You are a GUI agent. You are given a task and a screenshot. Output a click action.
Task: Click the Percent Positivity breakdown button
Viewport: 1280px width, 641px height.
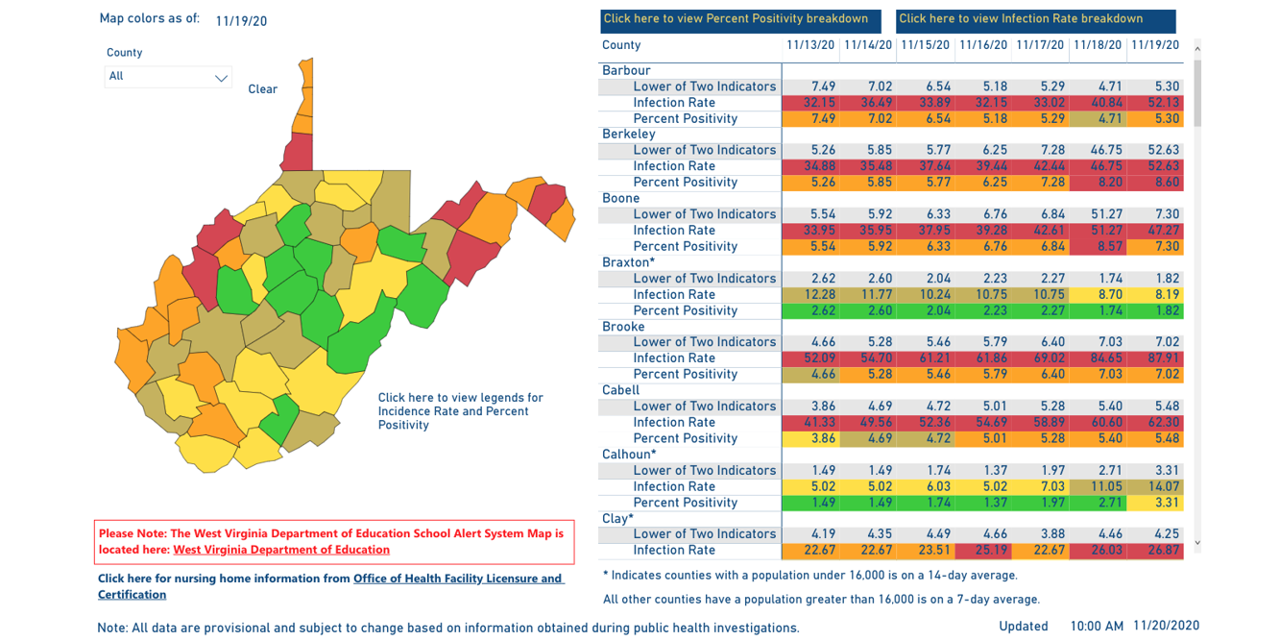[737, 19]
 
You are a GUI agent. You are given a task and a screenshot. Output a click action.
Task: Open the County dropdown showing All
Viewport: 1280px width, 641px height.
[168, 77]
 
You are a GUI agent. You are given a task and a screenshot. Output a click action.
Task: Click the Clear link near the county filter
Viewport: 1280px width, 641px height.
[262, 89]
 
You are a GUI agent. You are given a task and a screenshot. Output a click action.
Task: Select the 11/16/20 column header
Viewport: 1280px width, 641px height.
[982, 45]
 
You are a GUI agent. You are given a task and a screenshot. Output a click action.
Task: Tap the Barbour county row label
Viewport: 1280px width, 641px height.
[626, 70]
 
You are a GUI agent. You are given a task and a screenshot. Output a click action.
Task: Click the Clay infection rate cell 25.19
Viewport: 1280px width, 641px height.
[982, 551]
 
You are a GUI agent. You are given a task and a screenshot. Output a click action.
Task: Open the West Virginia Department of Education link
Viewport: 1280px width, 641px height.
[281, 550]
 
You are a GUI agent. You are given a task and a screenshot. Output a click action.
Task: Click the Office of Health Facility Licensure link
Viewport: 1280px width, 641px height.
[457, 579]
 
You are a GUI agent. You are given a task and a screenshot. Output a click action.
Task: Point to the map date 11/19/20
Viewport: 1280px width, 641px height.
[241, 21]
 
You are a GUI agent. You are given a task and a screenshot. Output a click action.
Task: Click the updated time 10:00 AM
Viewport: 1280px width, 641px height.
[1097, 627]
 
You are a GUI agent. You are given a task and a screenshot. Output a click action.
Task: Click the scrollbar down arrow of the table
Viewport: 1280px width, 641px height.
[1196, 543]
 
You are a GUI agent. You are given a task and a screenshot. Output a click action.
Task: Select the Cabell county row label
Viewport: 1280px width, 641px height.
[620, 390]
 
